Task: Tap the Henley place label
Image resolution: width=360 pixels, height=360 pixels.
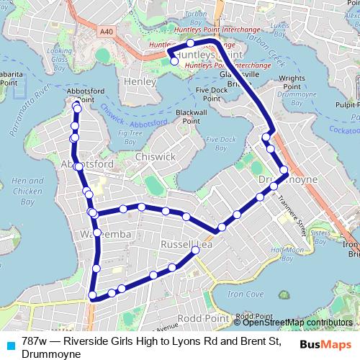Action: pyautogui.click(x=140, y=82)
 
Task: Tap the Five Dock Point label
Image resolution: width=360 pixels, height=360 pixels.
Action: pyautogui.click(x=211, y=94)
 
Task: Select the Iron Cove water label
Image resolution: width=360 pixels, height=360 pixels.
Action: pyautogui.click(x=245, y=294)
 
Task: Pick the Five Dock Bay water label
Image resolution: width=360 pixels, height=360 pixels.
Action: pyautogui.click(x=220, y=143)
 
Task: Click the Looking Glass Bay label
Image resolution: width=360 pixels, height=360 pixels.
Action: pyautogui.click(x=58, y=56)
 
